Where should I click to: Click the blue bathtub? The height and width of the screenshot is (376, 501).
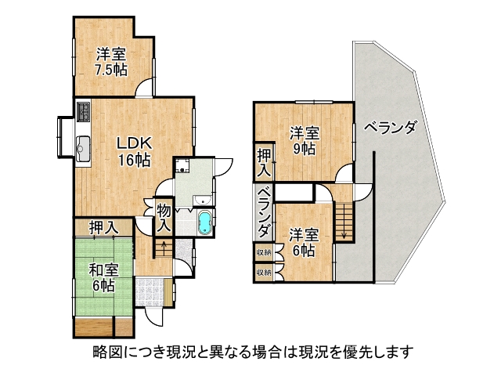(x=204, y=222)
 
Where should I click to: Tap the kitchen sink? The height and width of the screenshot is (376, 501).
(x=84, y=149)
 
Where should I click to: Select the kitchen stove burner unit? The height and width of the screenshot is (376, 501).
(x=84, y=111)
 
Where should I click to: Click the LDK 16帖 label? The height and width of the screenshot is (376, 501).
(x=134, y=151)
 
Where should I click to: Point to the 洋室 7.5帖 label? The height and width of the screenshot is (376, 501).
(x=111, y=62)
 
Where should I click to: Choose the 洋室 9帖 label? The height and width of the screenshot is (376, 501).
(x=305, y=141)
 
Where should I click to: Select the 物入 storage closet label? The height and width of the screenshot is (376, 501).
(x=164, y=219)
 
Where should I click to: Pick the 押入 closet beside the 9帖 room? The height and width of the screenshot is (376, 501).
(x=265, y=163)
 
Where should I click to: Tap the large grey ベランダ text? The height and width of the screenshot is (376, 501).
(x=390, y=128)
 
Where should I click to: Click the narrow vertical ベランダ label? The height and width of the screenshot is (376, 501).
(x=264, y=212)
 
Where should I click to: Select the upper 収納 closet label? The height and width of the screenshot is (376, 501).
(x=265, y=252)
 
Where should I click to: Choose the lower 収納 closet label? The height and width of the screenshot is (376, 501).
(x=265, y=273)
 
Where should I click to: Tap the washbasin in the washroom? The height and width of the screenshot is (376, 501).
(x=202, y=201)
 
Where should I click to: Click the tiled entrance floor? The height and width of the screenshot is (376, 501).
(x=150, y=292)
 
